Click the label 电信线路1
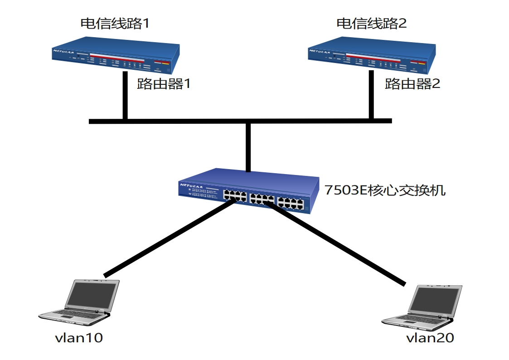(x=114, y=23)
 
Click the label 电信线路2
(x=372, y=23)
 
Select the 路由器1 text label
(x=163, y=84)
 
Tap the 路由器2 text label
(x=412, y=84)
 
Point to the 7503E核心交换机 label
(x=385, y=190)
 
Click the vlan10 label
(x=78, y=338)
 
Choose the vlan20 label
(x=430, y=338)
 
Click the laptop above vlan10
(x=82, y=302)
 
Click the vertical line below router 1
(x=125, y=95)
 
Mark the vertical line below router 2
(x=372, y=95)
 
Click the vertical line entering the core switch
(x=248, y=147)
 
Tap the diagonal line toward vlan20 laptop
(x=335, y=245)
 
